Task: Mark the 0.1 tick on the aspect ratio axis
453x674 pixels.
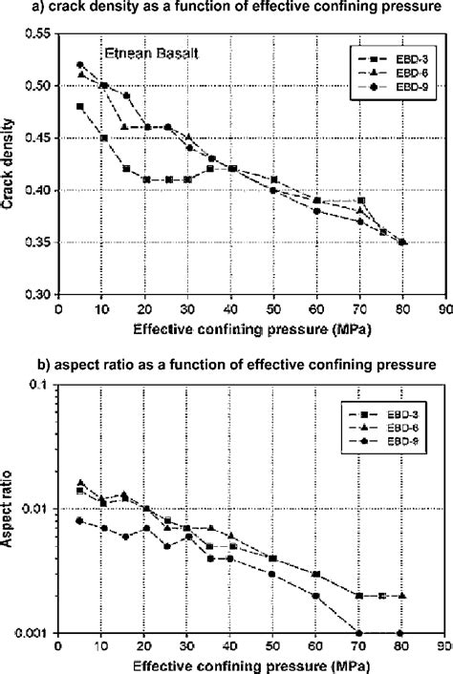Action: click(x=44, y=384)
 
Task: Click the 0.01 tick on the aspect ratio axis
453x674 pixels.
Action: click(x=41, y=509)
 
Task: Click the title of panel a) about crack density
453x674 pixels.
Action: click(x=226, y=11)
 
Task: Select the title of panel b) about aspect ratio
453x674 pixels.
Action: click(x=226, y=363)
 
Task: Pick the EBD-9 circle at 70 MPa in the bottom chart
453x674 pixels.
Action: click(x=359, y=632)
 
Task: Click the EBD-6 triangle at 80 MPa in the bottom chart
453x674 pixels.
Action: click(x=402, y=596)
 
